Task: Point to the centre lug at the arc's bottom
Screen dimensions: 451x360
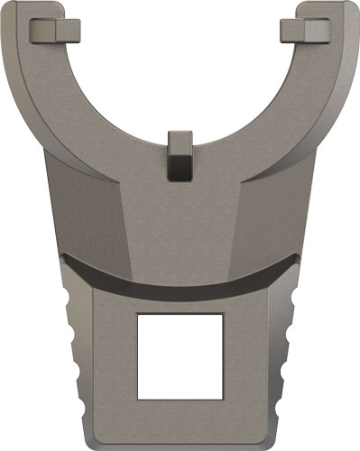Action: pos(180,155)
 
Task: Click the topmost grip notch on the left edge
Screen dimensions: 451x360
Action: pos(71,297)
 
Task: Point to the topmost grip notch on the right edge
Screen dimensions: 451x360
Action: pos(290,297)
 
